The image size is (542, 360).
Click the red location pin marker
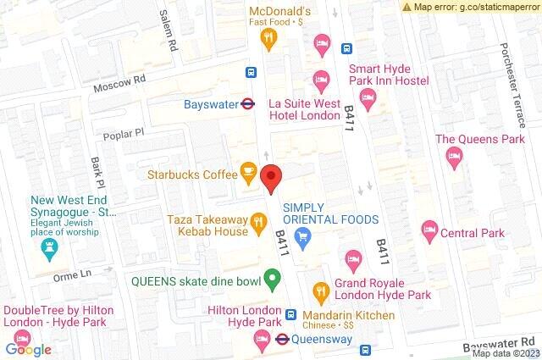271,177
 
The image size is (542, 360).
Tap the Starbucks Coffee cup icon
248,174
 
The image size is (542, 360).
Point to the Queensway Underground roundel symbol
276,339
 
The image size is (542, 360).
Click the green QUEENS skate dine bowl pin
271,278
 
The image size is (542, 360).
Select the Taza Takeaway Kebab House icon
258,224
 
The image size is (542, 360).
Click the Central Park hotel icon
429,229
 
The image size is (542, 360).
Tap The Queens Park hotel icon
455,154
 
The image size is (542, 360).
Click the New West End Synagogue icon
48,247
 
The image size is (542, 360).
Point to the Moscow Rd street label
121,82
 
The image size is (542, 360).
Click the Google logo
29,349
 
